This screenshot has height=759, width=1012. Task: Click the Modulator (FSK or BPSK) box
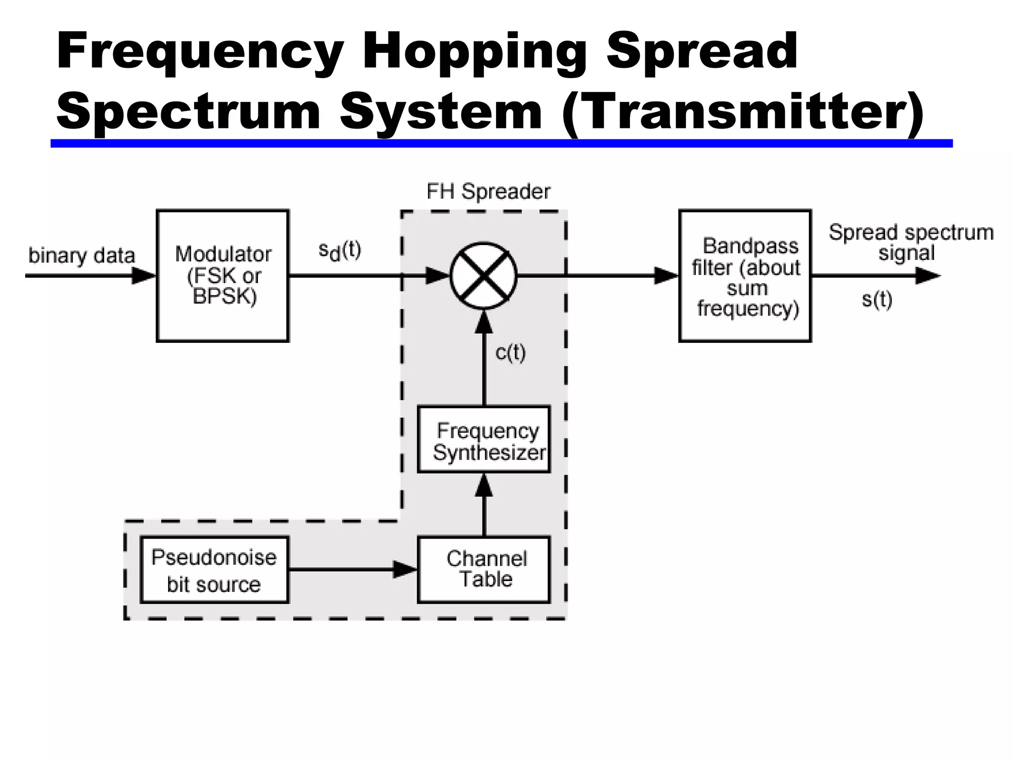pos(223,275)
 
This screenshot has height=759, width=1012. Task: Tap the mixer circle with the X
pos(483,275)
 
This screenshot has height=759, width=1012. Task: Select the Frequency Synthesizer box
pos(484,439)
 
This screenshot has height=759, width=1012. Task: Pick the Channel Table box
pos(484,569)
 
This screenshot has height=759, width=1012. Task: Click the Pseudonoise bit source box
pos(214,569)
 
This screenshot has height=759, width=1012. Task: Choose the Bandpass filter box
pos(745,275)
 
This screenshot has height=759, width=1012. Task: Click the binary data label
pos(82,255)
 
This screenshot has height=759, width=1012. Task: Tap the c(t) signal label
pos(510,353)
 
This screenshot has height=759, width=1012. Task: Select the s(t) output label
pos(877,299)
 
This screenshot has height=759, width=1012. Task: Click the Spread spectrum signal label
pos(911,242)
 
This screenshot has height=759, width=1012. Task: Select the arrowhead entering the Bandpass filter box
pos(666,275)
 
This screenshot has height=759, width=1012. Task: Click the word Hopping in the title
pos(474,51)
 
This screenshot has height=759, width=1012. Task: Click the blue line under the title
pos(501,143)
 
